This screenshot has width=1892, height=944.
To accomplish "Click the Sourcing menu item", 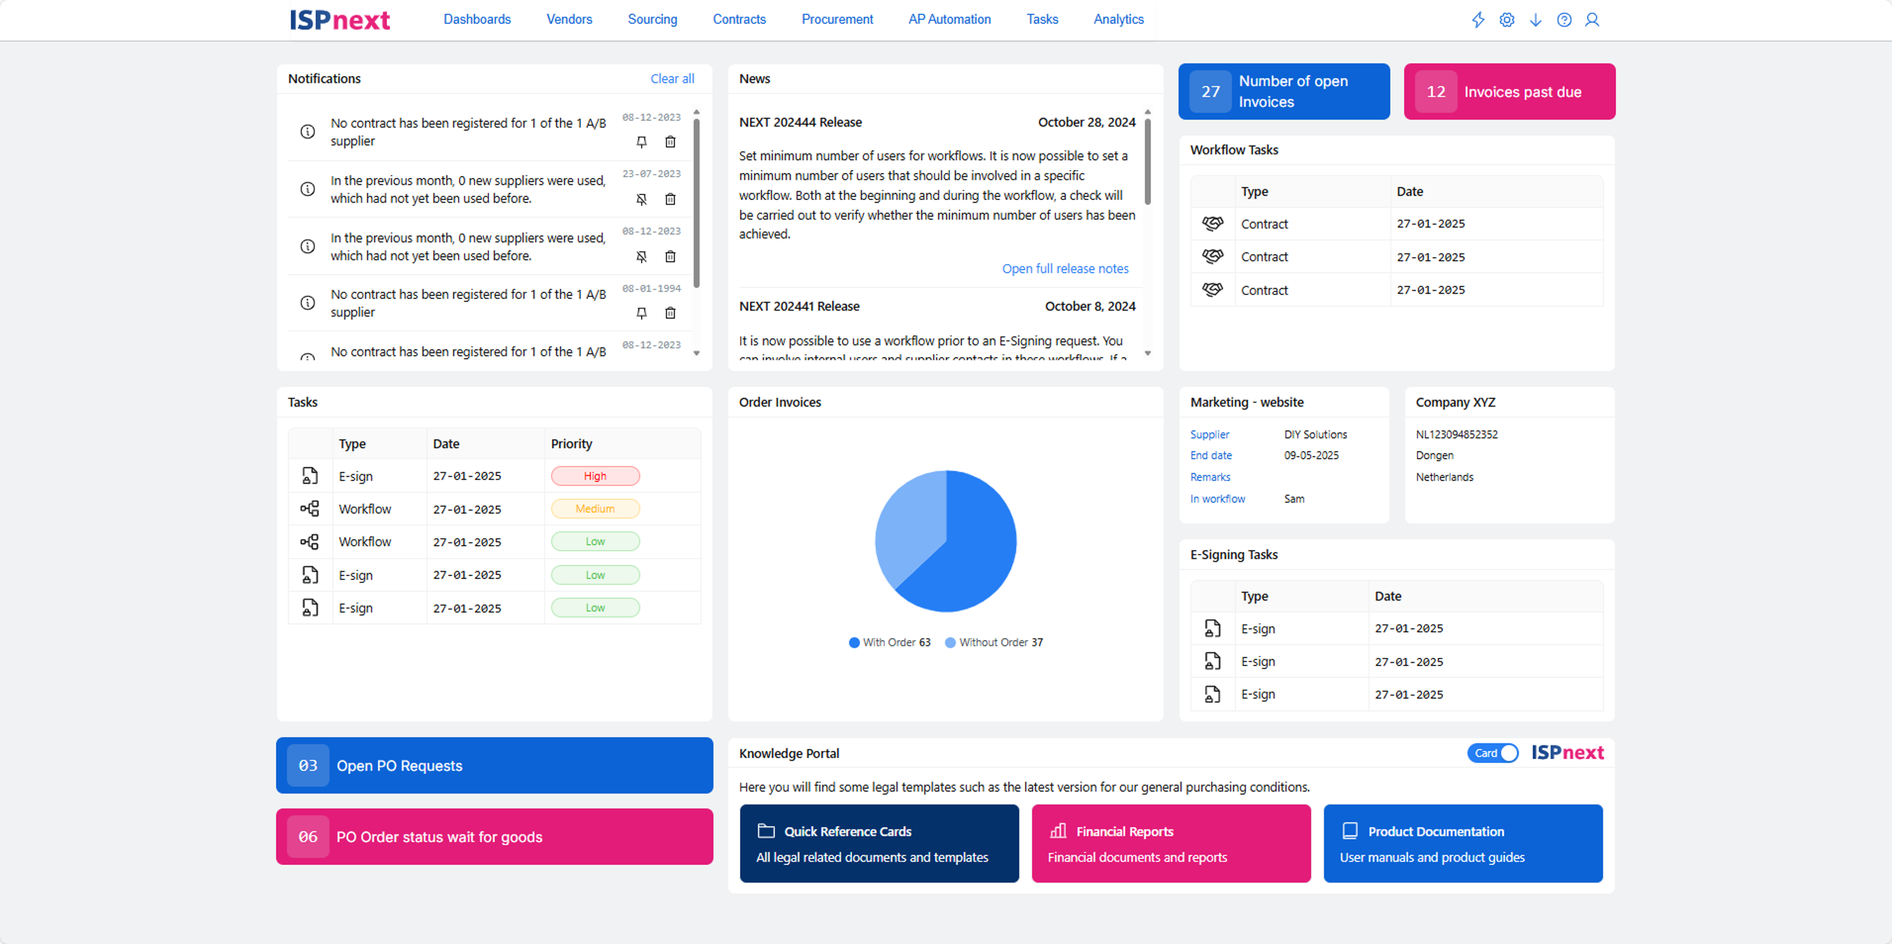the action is pos(652,19).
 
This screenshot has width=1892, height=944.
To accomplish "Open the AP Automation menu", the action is pos(949,19).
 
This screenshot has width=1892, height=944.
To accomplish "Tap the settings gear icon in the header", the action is pos(1506,20).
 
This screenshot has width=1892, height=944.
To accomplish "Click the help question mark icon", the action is pos(1564,20).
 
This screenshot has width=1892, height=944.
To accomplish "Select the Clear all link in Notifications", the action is pos(672,79).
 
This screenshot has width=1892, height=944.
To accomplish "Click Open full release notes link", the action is pos(1065,268).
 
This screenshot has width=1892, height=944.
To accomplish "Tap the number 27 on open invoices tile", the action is pos(1210,92).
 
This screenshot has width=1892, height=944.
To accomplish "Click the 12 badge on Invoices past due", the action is pos(1436,92).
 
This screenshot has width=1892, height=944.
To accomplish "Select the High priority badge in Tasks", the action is pos(595,475).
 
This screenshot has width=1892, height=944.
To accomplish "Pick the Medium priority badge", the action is pos(595,508).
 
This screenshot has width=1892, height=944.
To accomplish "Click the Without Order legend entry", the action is pos(994,642).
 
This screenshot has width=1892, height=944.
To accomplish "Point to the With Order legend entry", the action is pos(889,642).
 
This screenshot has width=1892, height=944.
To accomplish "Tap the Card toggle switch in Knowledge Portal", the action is pos(1492,753).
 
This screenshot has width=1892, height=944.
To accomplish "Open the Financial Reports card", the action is pos(1171,843).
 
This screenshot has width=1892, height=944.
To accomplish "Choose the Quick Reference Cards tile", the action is pos(879,843).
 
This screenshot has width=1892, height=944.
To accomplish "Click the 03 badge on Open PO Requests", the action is pos(308,765).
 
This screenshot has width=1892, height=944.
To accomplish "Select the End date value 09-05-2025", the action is pos(1311,455).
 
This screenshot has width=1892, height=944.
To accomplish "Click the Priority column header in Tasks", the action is pos(571,443).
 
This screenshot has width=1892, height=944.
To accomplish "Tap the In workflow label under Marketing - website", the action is pos(1217,499).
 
